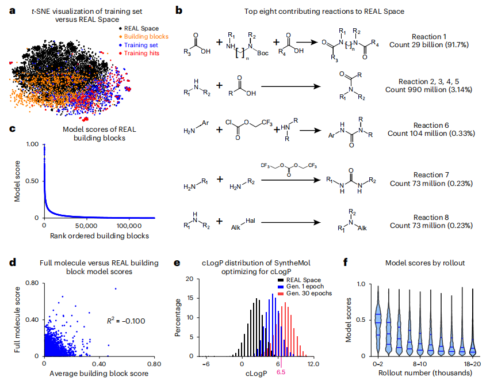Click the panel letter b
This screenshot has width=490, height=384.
tap(179, 10)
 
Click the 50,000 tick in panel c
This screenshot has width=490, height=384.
tap(86, 227)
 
